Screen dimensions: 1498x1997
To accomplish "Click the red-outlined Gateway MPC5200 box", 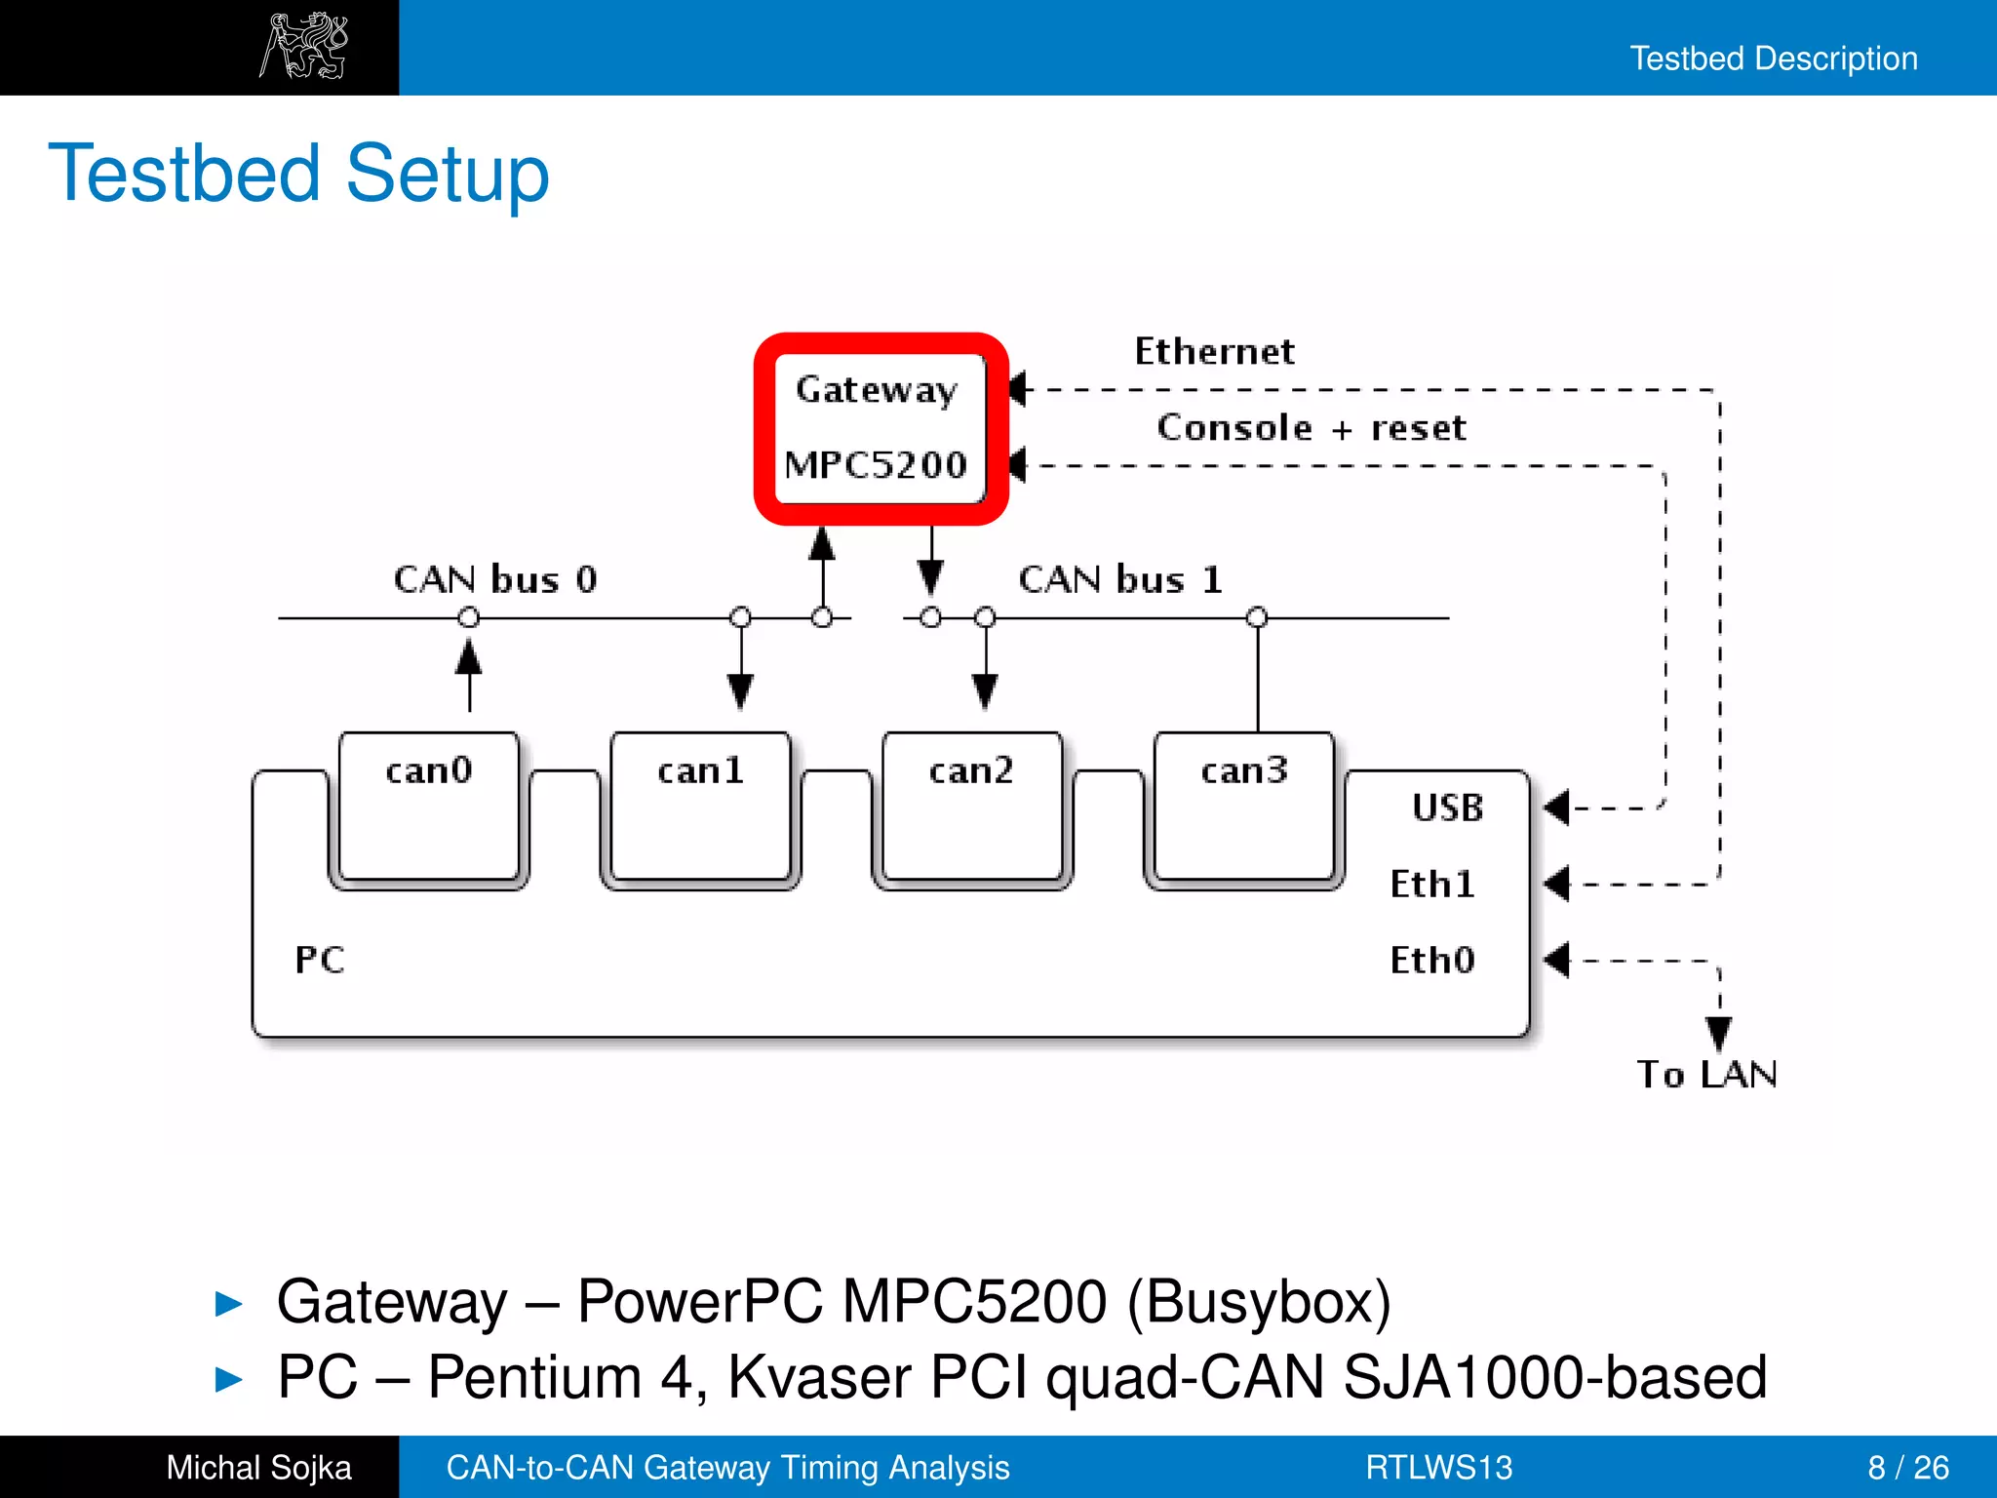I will pyautogui.click(x=881, y=428).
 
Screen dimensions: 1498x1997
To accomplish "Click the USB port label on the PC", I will pyautogui.click(x=1447, y=808).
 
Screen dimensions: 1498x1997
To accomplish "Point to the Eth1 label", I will pyautogui.click(x=1431, y=884).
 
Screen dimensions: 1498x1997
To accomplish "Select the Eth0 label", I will pyautogui.click(x=1431, y=960).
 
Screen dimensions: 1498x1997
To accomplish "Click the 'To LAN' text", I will pyautogui.click(x=1706, y=1074).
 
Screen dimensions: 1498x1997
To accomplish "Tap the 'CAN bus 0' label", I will pyautogui.click(x=494, y=579).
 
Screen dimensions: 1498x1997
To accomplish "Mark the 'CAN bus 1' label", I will pyautogui.click(x=1119, y=579).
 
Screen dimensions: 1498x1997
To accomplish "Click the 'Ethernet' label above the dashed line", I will pyautogui.click(x=1214, y=351).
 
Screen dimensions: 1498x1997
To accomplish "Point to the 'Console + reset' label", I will pyautogui.click(x=1311, y=427).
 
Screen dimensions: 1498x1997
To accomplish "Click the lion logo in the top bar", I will pyautogui.click(x=304, y=46).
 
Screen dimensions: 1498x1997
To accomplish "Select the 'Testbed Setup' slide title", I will pyautogui.click(x=298, y=174).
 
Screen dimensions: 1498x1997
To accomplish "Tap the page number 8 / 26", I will pyautogui.click(x=1907, y=1467).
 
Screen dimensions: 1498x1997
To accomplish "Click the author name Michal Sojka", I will pyautogui.click(x=258, y=1467).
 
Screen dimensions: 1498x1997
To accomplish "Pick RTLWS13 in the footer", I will pyautogui.click(x=1438, y=1467).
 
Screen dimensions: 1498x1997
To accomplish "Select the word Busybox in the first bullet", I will pyautogui.click(x=1259, y=1301).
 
